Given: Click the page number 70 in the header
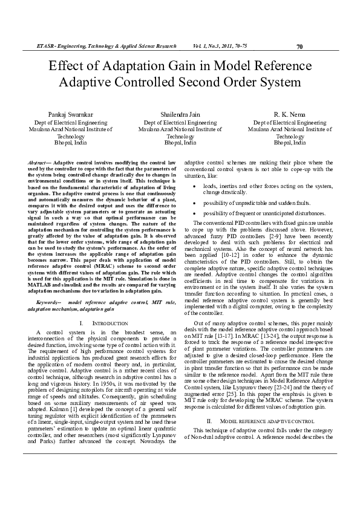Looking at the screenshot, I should click(x=299, y=47).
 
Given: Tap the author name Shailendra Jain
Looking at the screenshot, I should click(x=180, y=114).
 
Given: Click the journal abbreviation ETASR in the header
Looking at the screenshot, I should click(x=45, y=47).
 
